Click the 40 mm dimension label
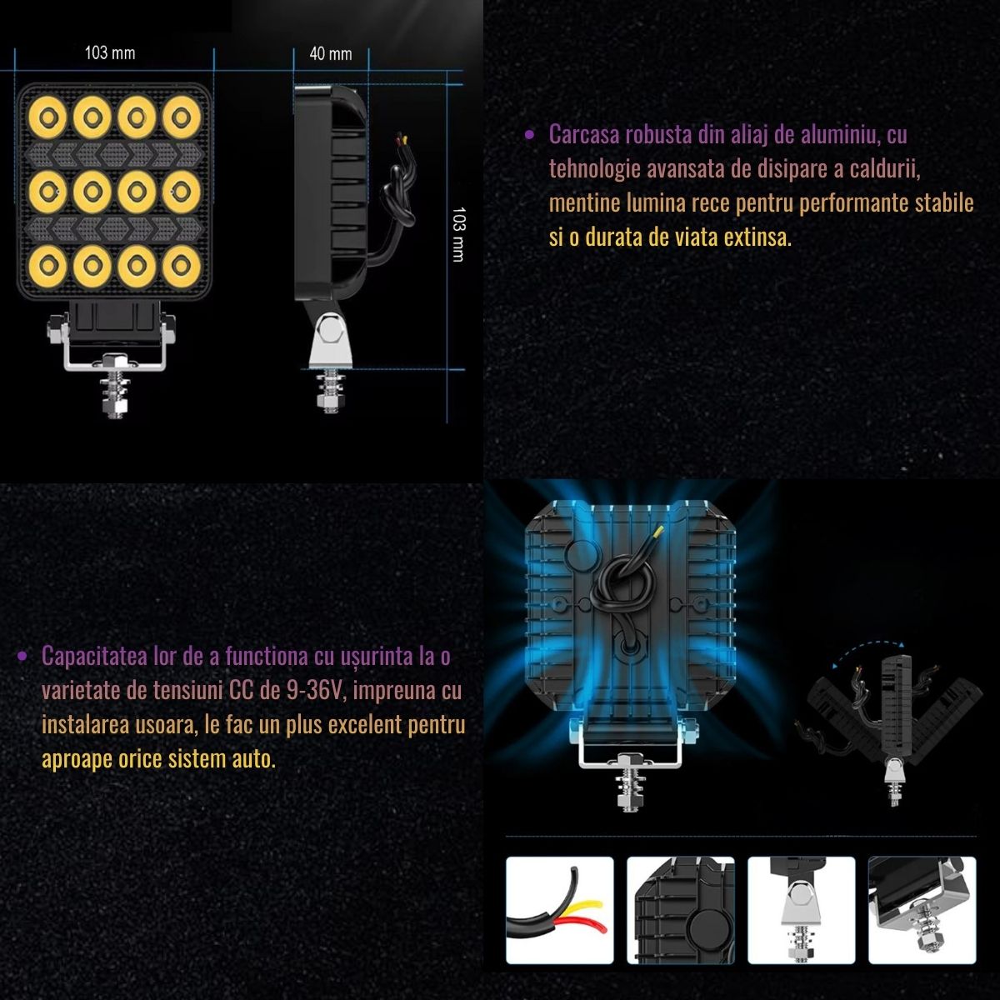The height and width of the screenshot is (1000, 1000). point(331,53)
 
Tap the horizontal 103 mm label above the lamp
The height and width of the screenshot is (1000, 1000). point(110,53)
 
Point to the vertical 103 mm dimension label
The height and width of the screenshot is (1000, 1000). point(458,234)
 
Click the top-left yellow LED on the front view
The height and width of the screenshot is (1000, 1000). point(47,117)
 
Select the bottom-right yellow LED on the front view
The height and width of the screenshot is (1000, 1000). point(181,266)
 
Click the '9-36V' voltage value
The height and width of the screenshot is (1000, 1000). point(316,691)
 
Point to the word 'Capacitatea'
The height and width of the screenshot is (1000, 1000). point(94,657)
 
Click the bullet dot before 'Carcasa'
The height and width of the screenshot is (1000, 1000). point(529,136)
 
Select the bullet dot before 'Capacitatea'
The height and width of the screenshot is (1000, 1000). point(22,657)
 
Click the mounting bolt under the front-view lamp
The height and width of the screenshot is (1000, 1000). point(116,387)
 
